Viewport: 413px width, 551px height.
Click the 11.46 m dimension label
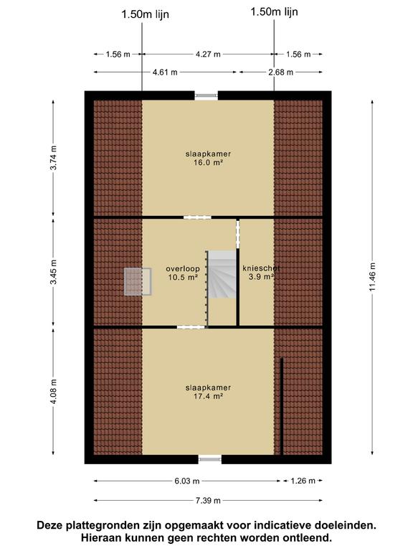tap(372, 277)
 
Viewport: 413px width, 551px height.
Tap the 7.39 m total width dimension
tap(208, 500)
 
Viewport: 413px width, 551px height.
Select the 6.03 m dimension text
tap(187, 481)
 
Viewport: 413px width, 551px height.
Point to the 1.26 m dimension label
tap(303, 481)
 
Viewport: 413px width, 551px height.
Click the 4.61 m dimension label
tap(165, 72)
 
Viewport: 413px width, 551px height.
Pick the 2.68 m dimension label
tap(280, 72)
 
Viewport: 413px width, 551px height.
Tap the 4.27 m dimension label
tap(208, 54)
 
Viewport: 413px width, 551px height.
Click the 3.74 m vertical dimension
tap(53, 157)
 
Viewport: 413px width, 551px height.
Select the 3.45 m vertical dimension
tap(53, 273)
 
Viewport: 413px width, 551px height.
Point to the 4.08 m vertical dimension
tap(53, 391)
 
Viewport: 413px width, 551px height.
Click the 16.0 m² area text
tap(208, 163)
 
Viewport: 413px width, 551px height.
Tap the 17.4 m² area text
tap(208, 397)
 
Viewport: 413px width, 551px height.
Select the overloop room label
tap(183, 269)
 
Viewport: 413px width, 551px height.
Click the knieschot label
tap(261, 268)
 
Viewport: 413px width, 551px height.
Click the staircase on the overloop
tap(222, 275)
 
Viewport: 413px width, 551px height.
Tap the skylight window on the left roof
tap(138, 281)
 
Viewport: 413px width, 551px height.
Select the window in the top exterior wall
tap(206, 95)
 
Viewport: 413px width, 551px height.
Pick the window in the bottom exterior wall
tap(209, 459)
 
